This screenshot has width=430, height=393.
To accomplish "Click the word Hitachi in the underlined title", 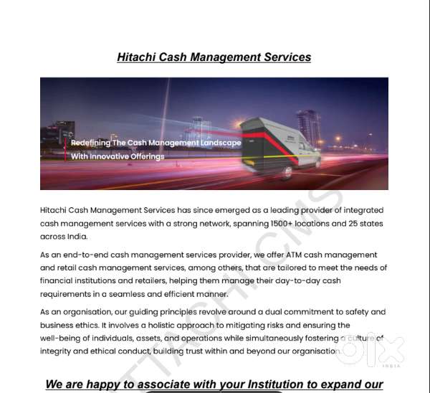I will click(137, 57).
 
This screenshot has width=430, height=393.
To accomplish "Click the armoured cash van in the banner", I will click(280, 146).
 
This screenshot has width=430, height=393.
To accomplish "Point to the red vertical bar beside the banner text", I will click(66, 149).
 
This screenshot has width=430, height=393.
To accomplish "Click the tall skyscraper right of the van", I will click(308, 128).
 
